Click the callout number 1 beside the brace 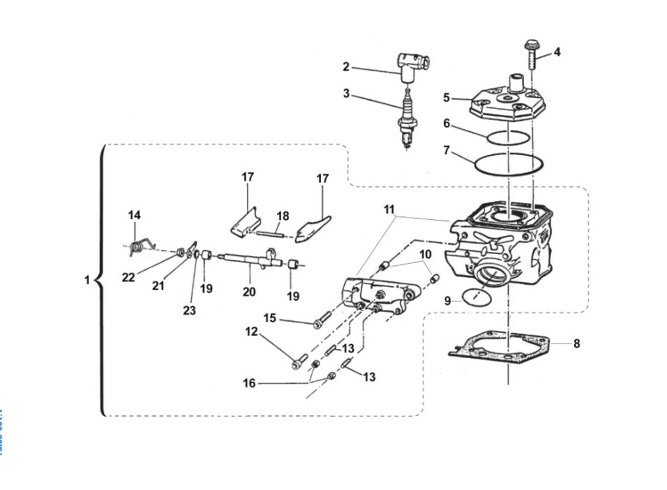[x=87, y=280]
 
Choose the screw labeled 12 [x=297, y=362]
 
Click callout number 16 [x=249, y=383]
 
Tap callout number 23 [x=190, y=310]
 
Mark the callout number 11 [x=389, y=210]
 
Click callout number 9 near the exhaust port [x=448, y=300]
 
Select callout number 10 [x=425, y=255]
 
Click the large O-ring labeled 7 [x=509, y=164]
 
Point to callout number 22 [x=128, y=277]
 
